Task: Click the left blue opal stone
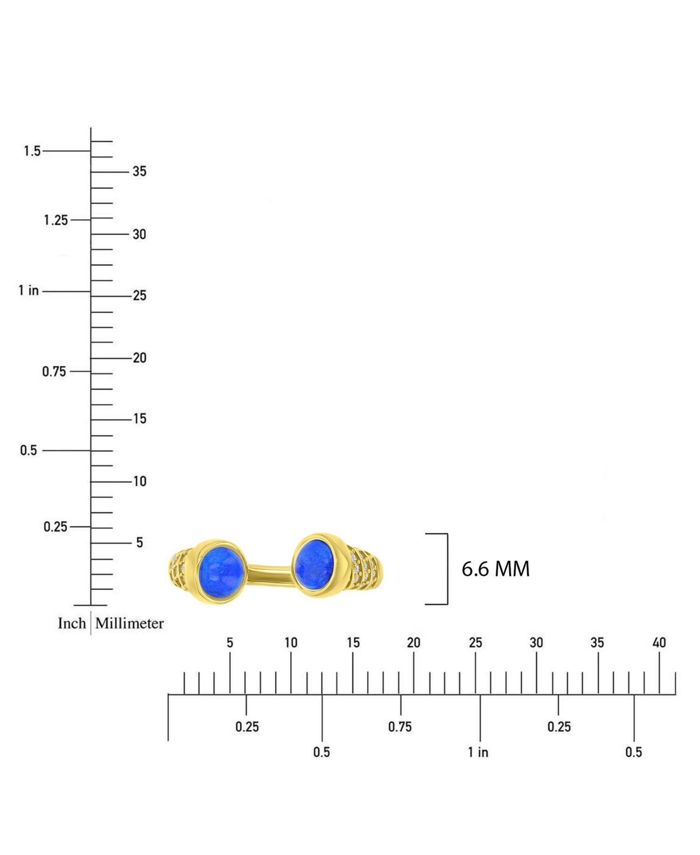[x=222, y=572]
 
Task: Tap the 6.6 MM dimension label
[x=496, y=569]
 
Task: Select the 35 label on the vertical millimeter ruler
[x=140, y=171]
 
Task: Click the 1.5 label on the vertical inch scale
[x=32, y=151]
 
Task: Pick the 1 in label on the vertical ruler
[x=28, y=290]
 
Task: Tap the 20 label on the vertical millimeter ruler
[x=140, y=358]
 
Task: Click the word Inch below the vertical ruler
[x=72, y=623]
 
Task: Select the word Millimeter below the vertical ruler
[x=130, y=623]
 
